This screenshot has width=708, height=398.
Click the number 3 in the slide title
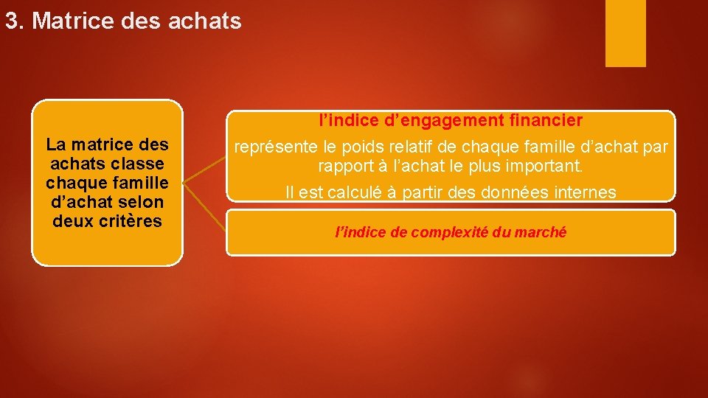(x=10, y=21)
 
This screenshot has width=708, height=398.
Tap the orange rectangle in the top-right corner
(x=625, y=32)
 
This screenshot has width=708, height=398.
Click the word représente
(x=275, y=147)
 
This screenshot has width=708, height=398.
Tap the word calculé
(x=345, y=192)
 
